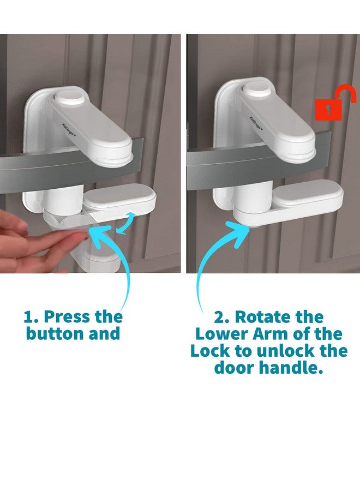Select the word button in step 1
coord(54,334)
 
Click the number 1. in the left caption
coord(31,317)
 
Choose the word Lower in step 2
coord(221,334)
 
